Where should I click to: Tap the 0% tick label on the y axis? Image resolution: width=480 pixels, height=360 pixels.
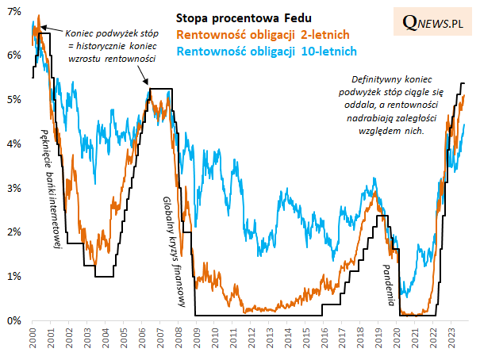pos(14,320)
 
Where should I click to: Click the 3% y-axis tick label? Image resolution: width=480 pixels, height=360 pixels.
pos(14,188)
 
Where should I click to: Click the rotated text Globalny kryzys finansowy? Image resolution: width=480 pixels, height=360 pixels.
pos(170,251)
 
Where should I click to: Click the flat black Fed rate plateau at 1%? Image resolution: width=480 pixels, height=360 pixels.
pos(104,276)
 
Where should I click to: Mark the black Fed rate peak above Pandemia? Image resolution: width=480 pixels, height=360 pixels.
pos(382,216)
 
